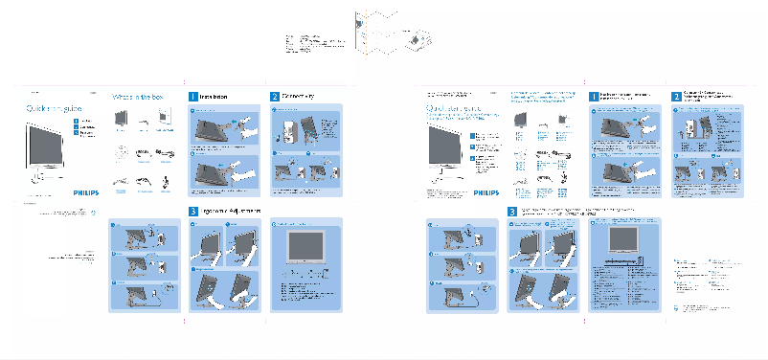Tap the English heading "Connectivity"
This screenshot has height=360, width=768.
(x=299, y=97)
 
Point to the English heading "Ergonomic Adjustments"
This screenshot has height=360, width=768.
(x=230, y=210)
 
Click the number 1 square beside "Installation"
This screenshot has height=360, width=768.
(x=193, y=97)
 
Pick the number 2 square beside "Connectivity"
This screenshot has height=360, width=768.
(x=274, y=97)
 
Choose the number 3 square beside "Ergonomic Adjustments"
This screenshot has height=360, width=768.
(x=193, y=211)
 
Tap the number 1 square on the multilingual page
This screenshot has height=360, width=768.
(x=594, y=97)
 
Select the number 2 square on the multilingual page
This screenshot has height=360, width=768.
(x=676, y=97)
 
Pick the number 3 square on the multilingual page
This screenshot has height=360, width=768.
(x=512, y=211)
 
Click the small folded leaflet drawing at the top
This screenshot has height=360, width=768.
(x=418, y=38)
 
